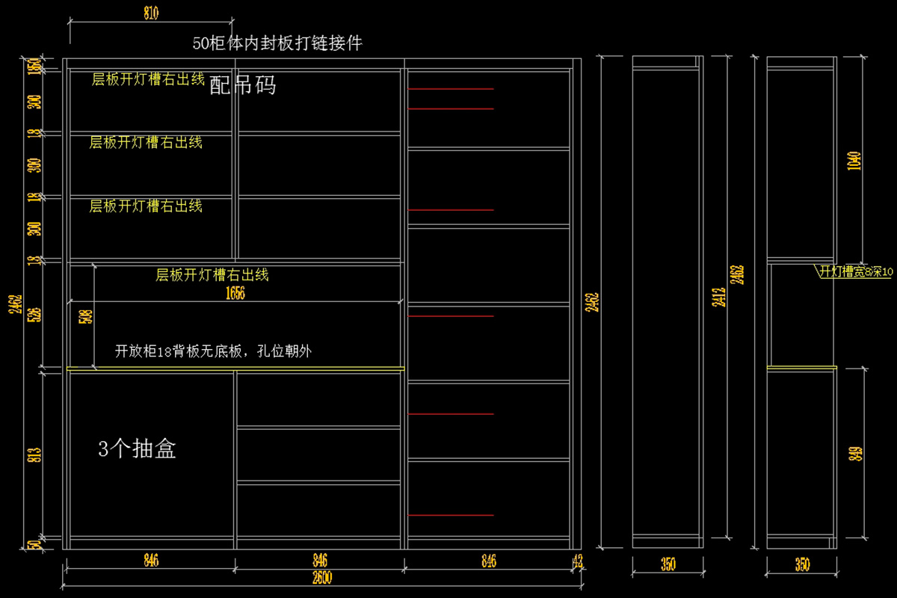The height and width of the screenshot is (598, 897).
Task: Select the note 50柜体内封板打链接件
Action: click(277, 43)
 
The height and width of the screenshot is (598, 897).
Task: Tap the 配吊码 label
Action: click(243, 85)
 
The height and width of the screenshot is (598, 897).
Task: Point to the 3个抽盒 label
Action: click(138, 449)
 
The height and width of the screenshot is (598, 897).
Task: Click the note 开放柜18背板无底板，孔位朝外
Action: click(213, 351)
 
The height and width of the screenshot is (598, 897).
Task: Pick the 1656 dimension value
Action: click(235, 295)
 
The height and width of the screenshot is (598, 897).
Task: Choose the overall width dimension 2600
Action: click(322, 577)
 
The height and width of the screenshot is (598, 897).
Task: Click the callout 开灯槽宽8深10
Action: click(856, 272)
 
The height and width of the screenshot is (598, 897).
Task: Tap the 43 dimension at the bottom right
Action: click(577, 561)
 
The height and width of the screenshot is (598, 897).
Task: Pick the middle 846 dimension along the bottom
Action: click(319, 561)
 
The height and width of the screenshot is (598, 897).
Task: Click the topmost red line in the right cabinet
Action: click(451, 89)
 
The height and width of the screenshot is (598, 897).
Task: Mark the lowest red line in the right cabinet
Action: click(451, 515)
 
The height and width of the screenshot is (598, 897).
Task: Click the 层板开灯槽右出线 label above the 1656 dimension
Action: click(212, 275)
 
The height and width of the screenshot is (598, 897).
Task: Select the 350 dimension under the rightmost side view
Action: click(802, 565)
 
